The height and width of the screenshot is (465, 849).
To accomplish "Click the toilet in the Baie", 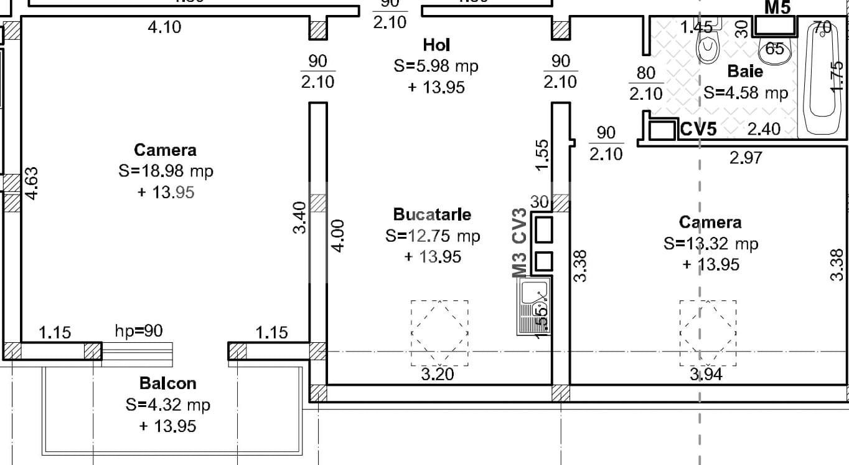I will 708,44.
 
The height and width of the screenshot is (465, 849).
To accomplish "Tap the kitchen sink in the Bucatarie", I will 534,305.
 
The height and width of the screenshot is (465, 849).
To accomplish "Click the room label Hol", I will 436,45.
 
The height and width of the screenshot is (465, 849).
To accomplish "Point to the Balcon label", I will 168,383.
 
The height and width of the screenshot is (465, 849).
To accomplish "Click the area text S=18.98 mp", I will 166,171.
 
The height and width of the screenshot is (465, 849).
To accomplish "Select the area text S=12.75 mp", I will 433,236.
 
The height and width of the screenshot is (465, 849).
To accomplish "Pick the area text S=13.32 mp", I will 711,243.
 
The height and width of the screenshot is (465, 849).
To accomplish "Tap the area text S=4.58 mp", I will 746,93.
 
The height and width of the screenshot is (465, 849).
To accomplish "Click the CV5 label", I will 698,129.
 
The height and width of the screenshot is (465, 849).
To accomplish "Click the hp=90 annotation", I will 138,330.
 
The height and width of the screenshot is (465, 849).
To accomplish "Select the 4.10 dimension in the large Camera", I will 165,27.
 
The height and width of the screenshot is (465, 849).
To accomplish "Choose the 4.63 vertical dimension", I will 32,183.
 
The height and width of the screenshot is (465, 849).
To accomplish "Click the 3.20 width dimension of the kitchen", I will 438,374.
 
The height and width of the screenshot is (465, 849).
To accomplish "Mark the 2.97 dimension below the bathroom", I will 746,158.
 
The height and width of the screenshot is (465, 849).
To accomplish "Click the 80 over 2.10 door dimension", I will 646,84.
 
